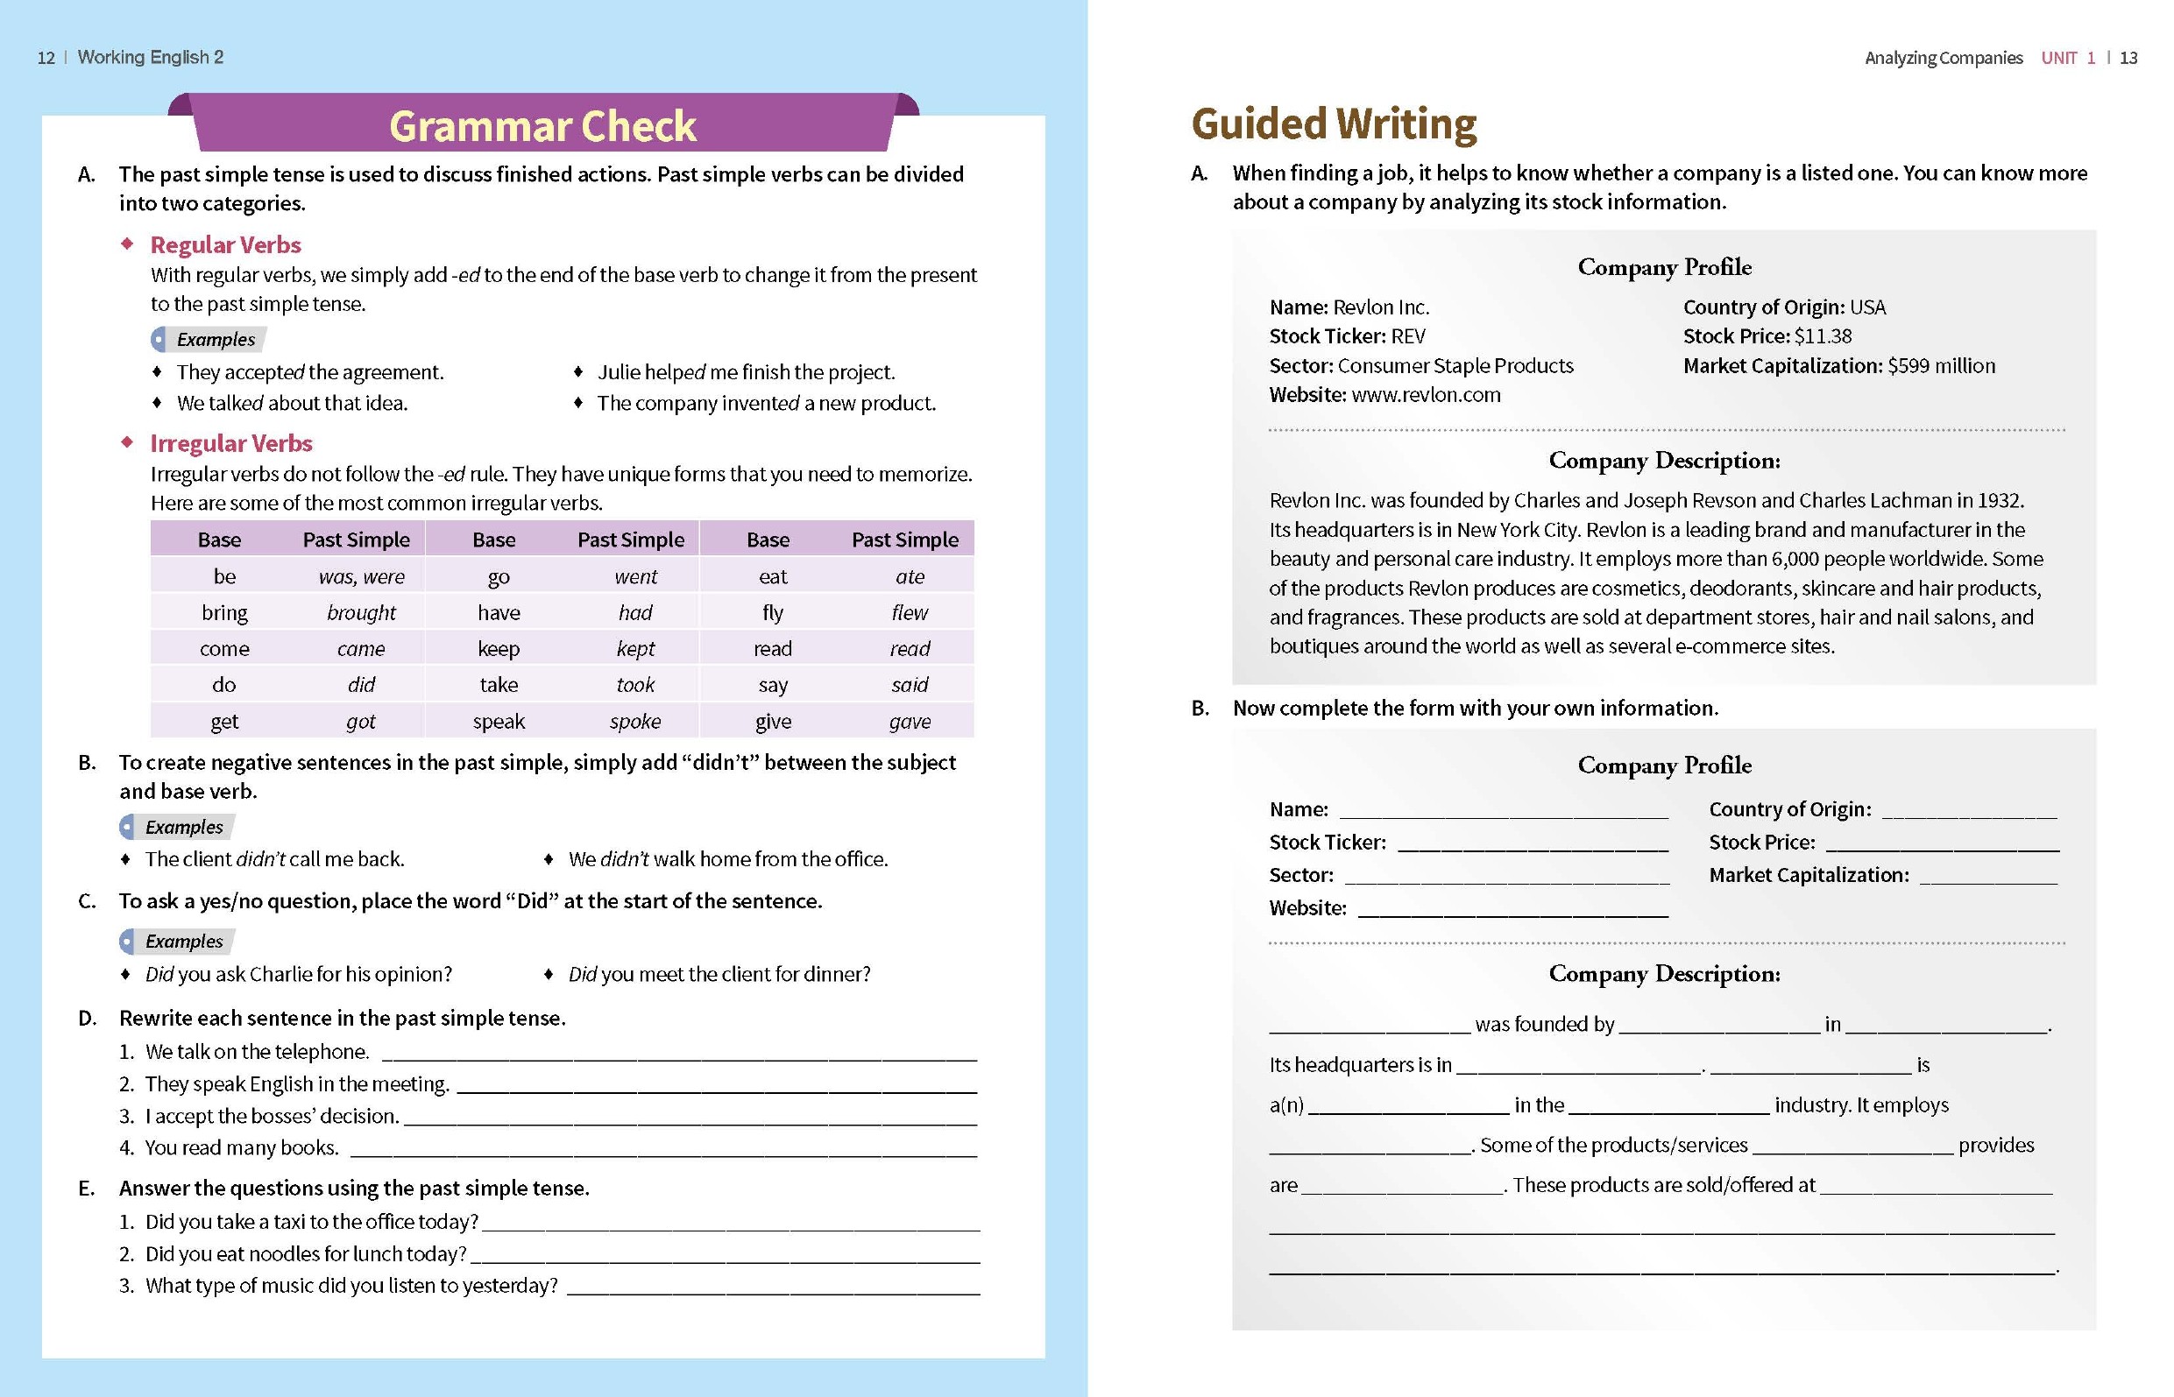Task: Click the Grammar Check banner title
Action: (x=542, y=126)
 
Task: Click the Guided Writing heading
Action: (x=1333, y=124)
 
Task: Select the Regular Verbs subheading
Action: (x=225, y=245)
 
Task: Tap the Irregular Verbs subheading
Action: (x=230, y=443)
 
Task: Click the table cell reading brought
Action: (x=361, y=613)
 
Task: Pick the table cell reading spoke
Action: (x=635, y=722)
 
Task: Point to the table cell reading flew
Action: (x=910, y=613)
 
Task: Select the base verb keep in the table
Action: (x=498, y=650)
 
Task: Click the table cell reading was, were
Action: (x=361, y=577)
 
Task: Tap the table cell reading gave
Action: (x=910, y=722)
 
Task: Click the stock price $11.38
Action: (x=1822, y=336)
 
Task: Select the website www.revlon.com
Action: (x=1426, y=396)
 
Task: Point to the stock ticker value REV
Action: (x=1407, y=336)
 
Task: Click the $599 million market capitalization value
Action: (x=1941, y=366)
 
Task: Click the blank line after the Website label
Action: (x=1512, y=910)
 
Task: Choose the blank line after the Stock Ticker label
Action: (x=1533, y=844)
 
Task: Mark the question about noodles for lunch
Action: (x=306, y=1254)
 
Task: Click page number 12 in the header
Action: (x=46, y=58)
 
